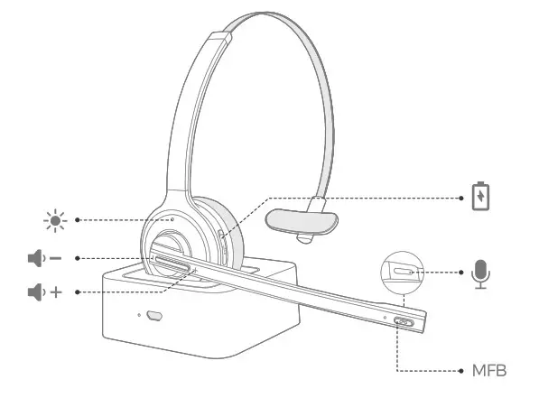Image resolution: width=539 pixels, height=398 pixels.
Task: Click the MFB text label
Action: [x=489, y=371]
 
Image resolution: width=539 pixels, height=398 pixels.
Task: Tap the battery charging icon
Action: [x=480, y=196]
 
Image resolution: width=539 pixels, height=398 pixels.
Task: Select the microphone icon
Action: [x=480, y=274]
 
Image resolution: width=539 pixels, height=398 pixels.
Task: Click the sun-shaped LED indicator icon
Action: [x=55, y=220]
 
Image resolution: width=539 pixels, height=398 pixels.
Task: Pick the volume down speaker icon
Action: [x=36, y=258]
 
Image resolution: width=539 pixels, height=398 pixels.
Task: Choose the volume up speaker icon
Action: [x=36, y=292]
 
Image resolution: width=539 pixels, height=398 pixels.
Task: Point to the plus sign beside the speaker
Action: [x=56, y=292]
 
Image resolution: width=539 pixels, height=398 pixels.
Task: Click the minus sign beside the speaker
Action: [x=56, y=258]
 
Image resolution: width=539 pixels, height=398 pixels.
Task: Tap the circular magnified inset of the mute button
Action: [x=402, y=273]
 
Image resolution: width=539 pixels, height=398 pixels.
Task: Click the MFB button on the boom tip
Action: [x=404, y=322]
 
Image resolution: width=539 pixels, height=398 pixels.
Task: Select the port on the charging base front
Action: [x=154, y=316]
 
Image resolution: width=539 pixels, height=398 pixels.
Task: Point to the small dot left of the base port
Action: [x=139, y=315]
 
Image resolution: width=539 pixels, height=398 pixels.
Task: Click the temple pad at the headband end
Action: [x=302, y=222]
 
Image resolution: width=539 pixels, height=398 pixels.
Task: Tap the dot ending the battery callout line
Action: [x=461, y=198]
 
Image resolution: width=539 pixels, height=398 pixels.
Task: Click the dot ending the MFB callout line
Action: [x=461, y=371]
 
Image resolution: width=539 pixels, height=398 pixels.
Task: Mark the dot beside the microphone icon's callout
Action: [x=461, y=273]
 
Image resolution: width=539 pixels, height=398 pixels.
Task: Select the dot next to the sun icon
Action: [x=78, y=220]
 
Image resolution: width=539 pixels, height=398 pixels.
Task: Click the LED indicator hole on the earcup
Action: [x=172, y=219]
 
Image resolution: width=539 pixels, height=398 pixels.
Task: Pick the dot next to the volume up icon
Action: [x=78, y=292]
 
